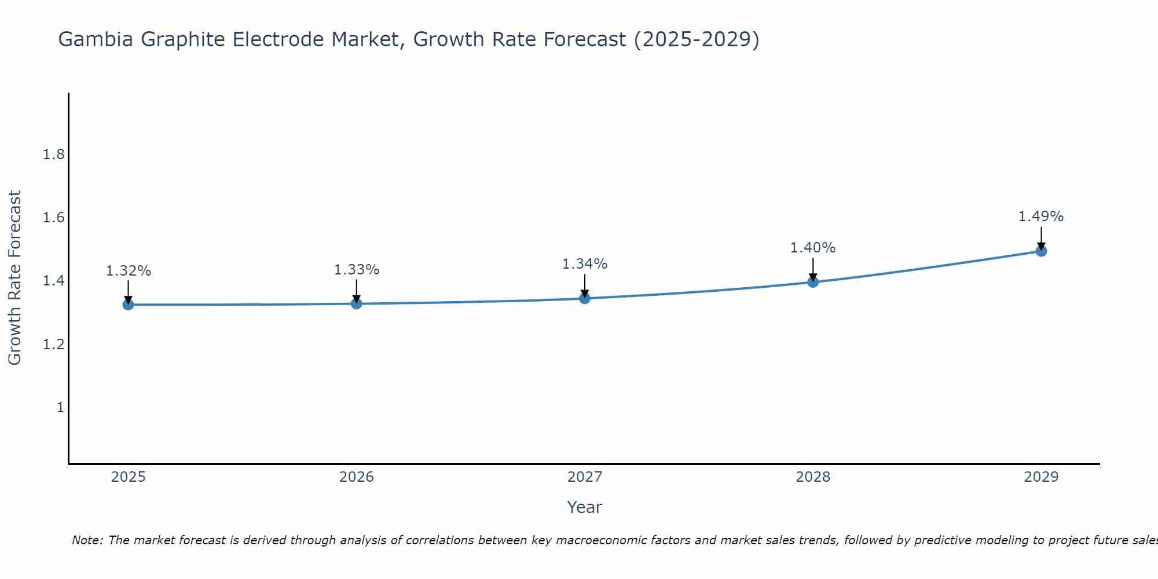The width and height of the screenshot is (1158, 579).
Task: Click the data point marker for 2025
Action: (128, 305)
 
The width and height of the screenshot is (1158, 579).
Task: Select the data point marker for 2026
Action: (356, 303)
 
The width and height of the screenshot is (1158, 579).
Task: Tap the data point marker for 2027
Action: (585, 298)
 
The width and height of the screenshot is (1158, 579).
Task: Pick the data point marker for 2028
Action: (813, 282)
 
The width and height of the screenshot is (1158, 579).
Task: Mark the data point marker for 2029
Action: (1041, 251)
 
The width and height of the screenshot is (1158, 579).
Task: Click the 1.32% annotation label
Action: (129, 271)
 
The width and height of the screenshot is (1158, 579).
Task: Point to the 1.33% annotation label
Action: (357, 270)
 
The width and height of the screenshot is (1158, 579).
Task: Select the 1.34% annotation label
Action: (585, 264)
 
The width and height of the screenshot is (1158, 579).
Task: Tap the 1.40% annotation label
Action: (813, 248)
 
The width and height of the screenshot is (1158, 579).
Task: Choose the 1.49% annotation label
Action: (1041, 217)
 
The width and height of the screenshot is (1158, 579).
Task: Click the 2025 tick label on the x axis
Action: (128, 477)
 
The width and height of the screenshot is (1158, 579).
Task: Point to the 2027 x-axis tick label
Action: (585, 477)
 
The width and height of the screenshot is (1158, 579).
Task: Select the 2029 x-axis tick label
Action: (1041, 477)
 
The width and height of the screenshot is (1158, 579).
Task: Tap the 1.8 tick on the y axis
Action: (54, 155)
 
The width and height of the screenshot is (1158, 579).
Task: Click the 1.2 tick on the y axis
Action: (54, 345)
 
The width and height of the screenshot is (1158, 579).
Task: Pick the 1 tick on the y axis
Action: (60, 408)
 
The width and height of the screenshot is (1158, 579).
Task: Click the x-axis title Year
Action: (585, 507)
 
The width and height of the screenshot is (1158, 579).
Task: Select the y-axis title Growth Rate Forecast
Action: (14, 278)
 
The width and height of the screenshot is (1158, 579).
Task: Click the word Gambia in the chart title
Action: (96, 39)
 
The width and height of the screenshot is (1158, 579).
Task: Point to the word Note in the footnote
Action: (87, 540)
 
